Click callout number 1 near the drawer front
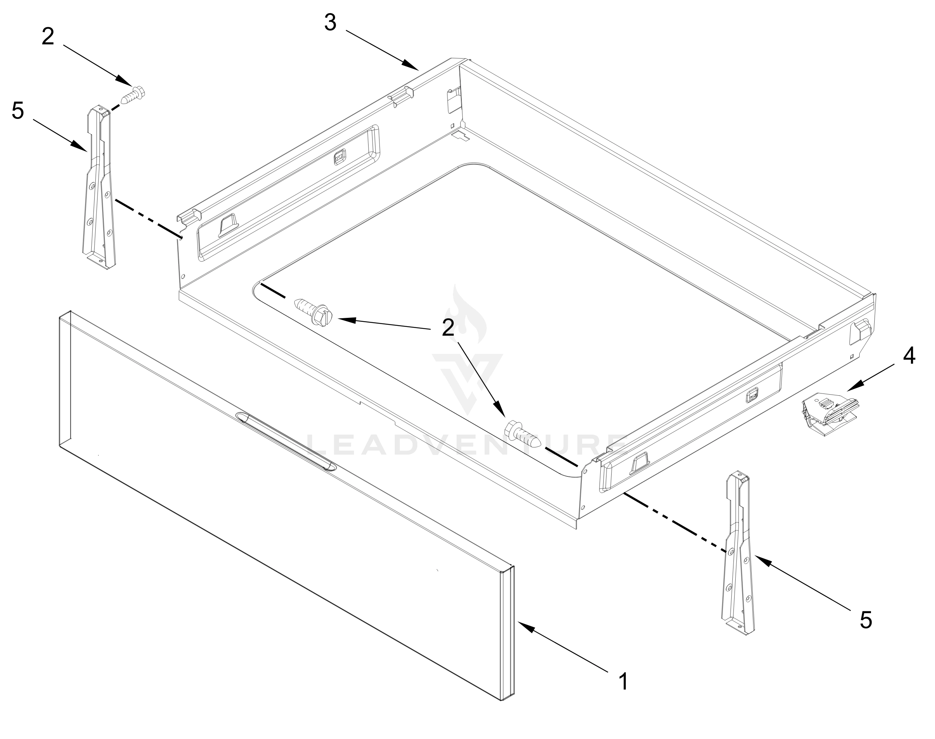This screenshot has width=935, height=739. click(x=623, y=682)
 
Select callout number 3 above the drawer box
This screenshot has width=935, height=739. click(x=330, y=23)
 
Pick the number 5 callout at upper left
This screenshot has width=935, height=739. click(x=18, y=111)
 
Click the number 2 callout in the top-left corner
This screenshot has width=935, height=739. click(x=48, y=37)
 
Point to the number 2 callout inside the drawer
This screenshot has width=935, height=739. click(x=448, y=328)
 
